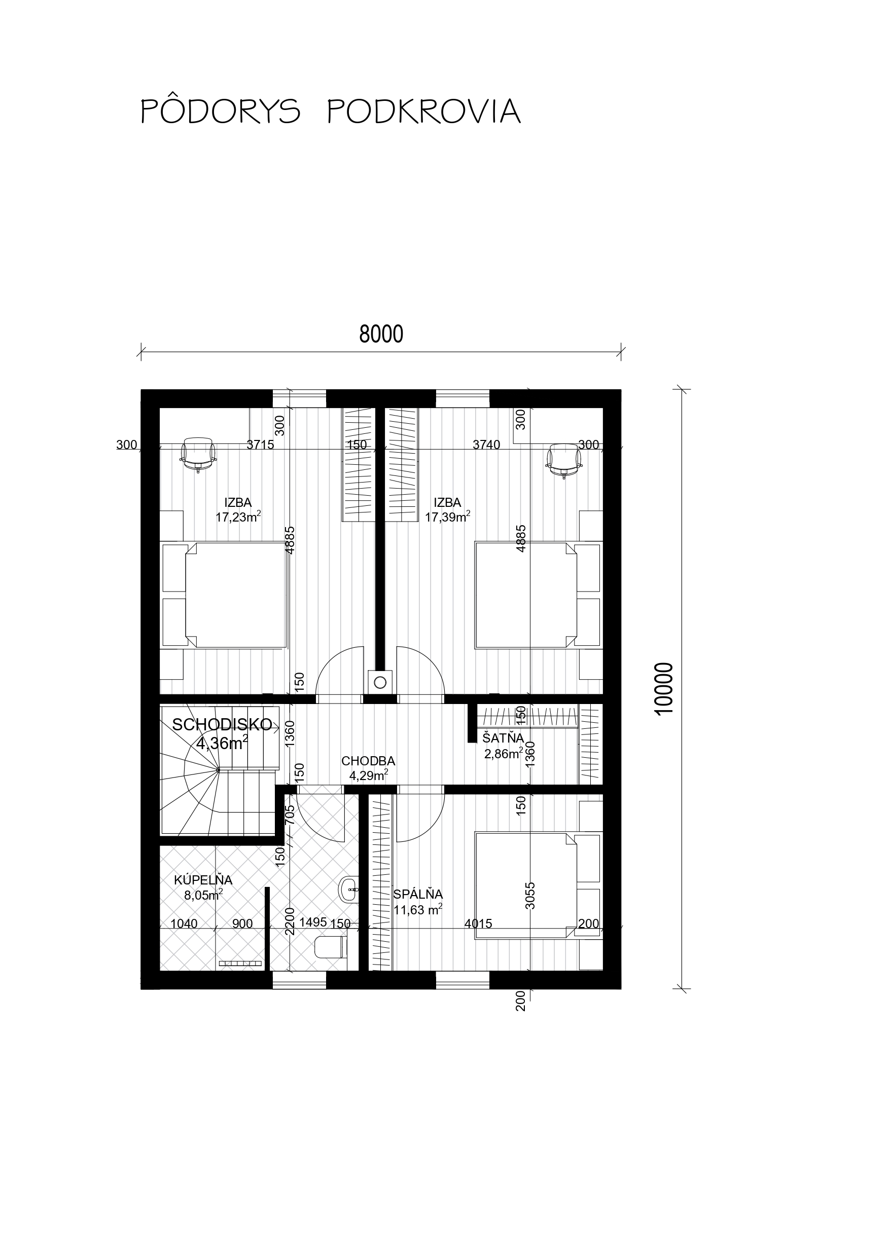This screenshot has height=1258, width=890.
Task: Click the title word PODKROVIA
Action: click(424, 112)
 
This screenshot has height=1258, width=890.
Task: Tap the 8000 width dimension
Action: click(381, 334)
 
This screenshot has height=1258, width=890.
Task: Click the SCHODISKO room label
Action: click(222, 724)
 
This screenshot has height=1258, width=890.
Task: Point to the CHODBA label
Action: click(368, 761)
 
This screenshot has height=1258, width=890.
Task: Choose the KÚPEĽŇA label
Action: click(203, 880)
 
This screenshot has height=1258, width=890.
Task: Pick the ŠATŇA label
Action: click(504, 737)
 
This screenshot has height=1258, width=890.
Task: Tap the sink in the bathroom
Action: click(349, 889)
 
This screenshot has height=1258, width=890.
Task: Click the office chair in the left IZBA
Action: click(197, 454)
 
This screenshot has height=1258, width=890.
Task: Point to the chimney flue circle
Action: click(380, 682)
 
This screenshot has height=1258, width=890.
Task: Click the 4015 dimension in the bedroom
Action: click(478, 923)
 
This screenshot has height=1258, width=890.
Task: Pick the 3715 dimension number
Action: click(260, 445)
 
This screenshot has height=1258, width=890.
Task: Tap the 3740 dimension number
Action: click(486, 445)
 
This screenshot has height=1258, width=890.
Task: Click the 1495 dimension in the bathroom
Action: click(313, 921)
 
